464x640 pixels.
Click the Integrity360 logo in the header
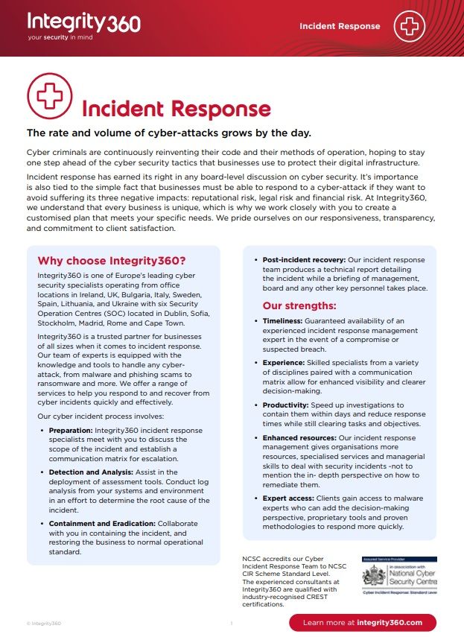[x=83, y=22]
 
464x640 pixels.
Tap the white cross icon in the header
[x=409, y=26]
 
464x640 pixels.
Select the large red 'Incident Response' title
[x=176, y=109]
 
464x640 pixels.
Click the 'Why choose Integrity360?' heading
[x=111, y=261]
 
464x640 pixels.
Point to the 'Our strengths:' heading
[x=299, y=305]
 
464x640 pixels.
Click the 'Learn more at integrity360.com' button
[x=363, y=623]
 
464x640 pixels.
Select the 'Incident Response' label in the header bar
[x=340, y=26]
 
